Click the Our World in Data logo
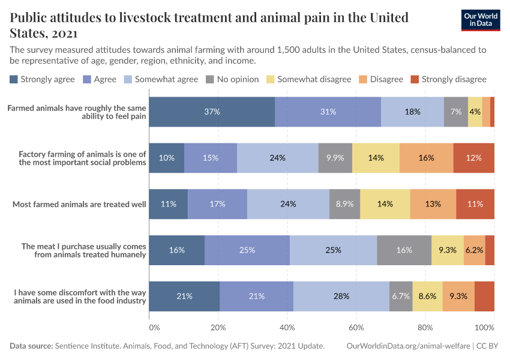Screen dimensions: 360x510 [480, 19]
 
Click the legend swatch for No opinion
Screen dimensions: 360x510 [210, 79]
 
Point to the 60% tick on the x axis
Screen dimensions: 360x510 [356, 328]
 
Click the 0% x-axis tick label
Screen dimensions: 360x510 [154, 328]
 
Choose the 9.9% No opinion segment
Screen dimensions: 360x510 [335, 158]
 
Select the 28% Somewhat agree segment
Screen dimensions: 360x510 [341, 296]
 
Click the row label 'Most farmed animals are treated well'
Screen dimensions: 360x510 [80, 204]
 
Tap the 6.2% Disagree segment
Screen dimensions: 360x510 [474, 250]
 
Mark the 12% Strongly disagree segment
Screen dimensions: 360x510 [474, 158]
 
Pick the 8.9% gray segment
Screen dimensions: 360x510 [344, 204]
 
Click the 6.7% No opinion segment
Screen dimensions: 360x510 [401, 296]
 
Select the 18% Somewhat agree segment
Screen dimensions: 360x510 [412, 112]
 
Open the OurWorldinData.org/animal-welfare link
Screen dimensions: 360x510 [408, 346]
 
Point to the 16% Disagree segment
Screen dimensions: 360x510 [426, 158]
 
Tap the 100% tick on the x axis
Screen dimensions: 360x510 [484, 328]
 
